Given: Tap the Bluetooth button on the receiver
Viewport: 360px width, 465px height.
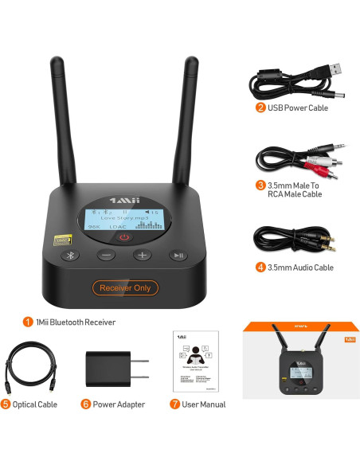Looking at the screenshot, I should point(71,256).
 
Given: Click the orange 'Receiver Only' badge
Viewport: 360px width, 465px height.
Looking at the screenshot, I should point(124,287).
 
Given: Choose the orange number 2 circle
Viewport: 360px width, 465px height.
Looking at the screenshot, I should point(260,107).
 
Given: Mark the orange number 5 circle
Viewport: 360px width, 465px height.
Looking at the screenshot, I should point(6,404).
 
